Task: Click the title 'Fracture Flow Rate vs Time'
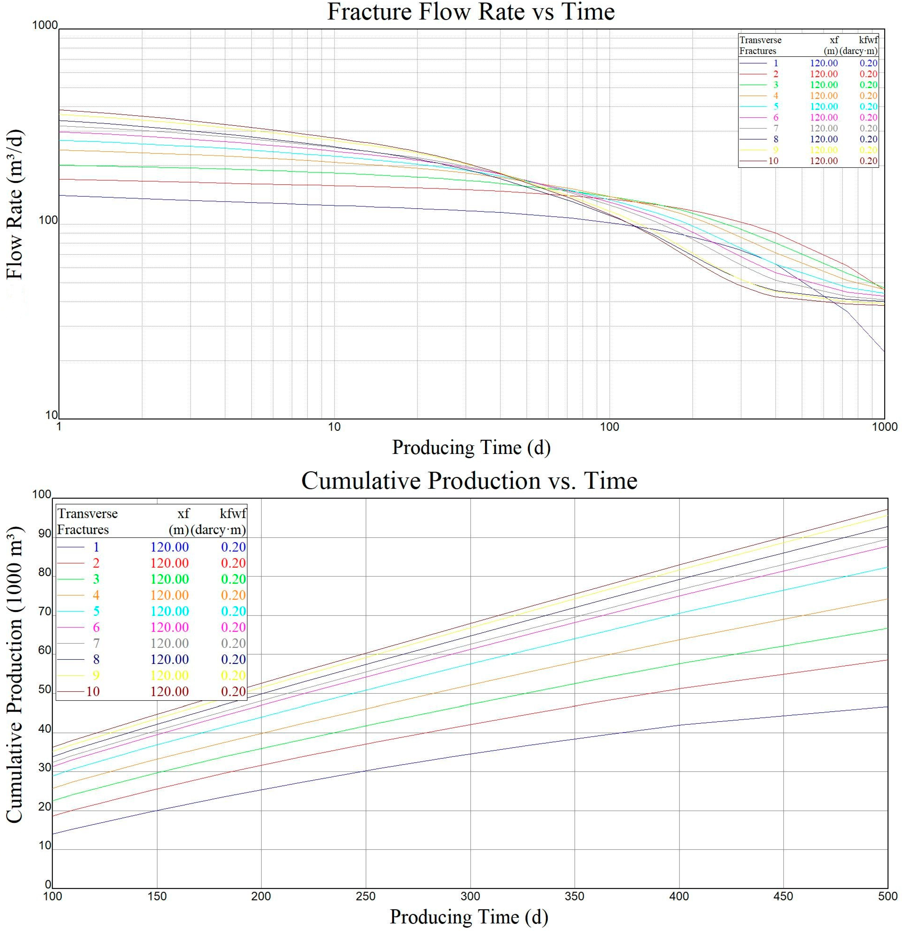tap(470, 12)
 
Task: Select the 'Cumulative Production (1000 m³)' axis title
tap(14, 674)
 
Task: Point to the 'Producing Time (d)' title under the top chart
tap(470, 448)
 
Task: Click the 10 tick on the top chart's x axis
tap(334, 427)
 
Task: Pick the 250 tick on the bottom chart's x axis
tap(366, 896)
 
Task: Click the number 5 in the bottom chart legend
tap(96, 611)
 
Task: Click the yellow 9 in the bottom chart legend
tap(96, 675)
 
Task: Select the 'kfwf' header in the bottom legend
tap(233, 514)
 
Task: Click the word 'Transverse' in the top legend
tap(760, 40)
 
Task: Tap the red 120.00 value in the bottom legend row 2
tap(170, 563)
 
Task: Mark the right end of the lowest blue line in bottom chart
tap(887, 707)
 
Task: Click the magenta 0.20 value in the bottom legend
tap(233, 627)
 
